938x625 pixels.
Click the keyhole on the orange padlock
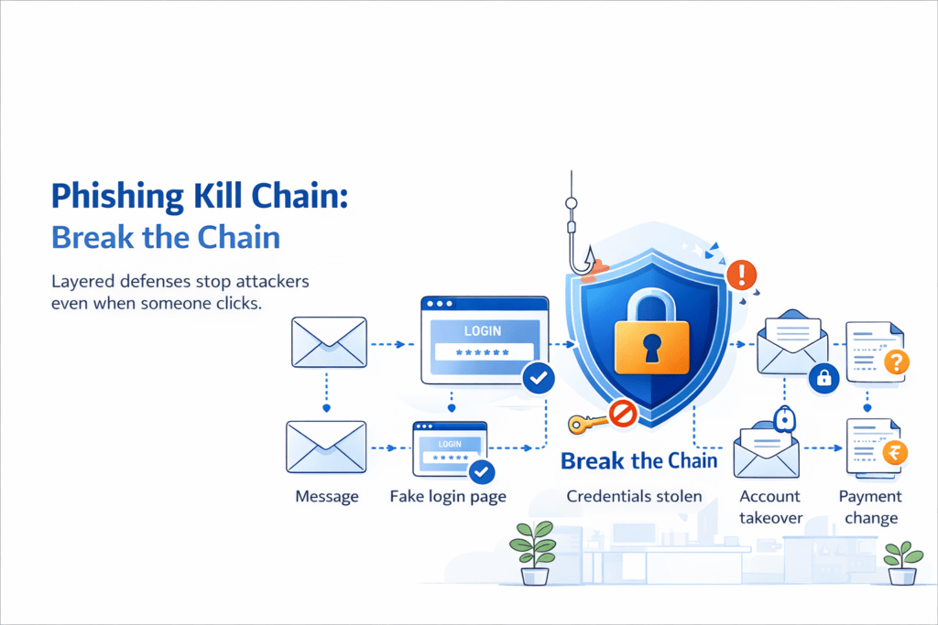click(x=650, y=347)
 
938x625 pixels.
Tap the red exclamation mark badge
click(x=741, y=274)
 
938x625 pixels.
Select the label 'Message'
click(x=327, y=497)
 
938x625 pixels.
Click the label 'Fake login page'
click(x=448, y=497)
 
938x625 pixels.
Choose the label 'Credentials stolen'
click(x=634, y=497)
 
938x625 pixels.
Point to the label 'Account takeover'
click(x=770, y=507)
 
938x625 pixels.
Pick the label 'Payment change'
click(x=870, y=507)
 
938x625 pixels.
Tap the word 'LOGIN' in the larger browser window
click(x=483, y=330)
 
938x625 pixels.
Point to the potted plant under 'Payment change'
click(x=902, y=562)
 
